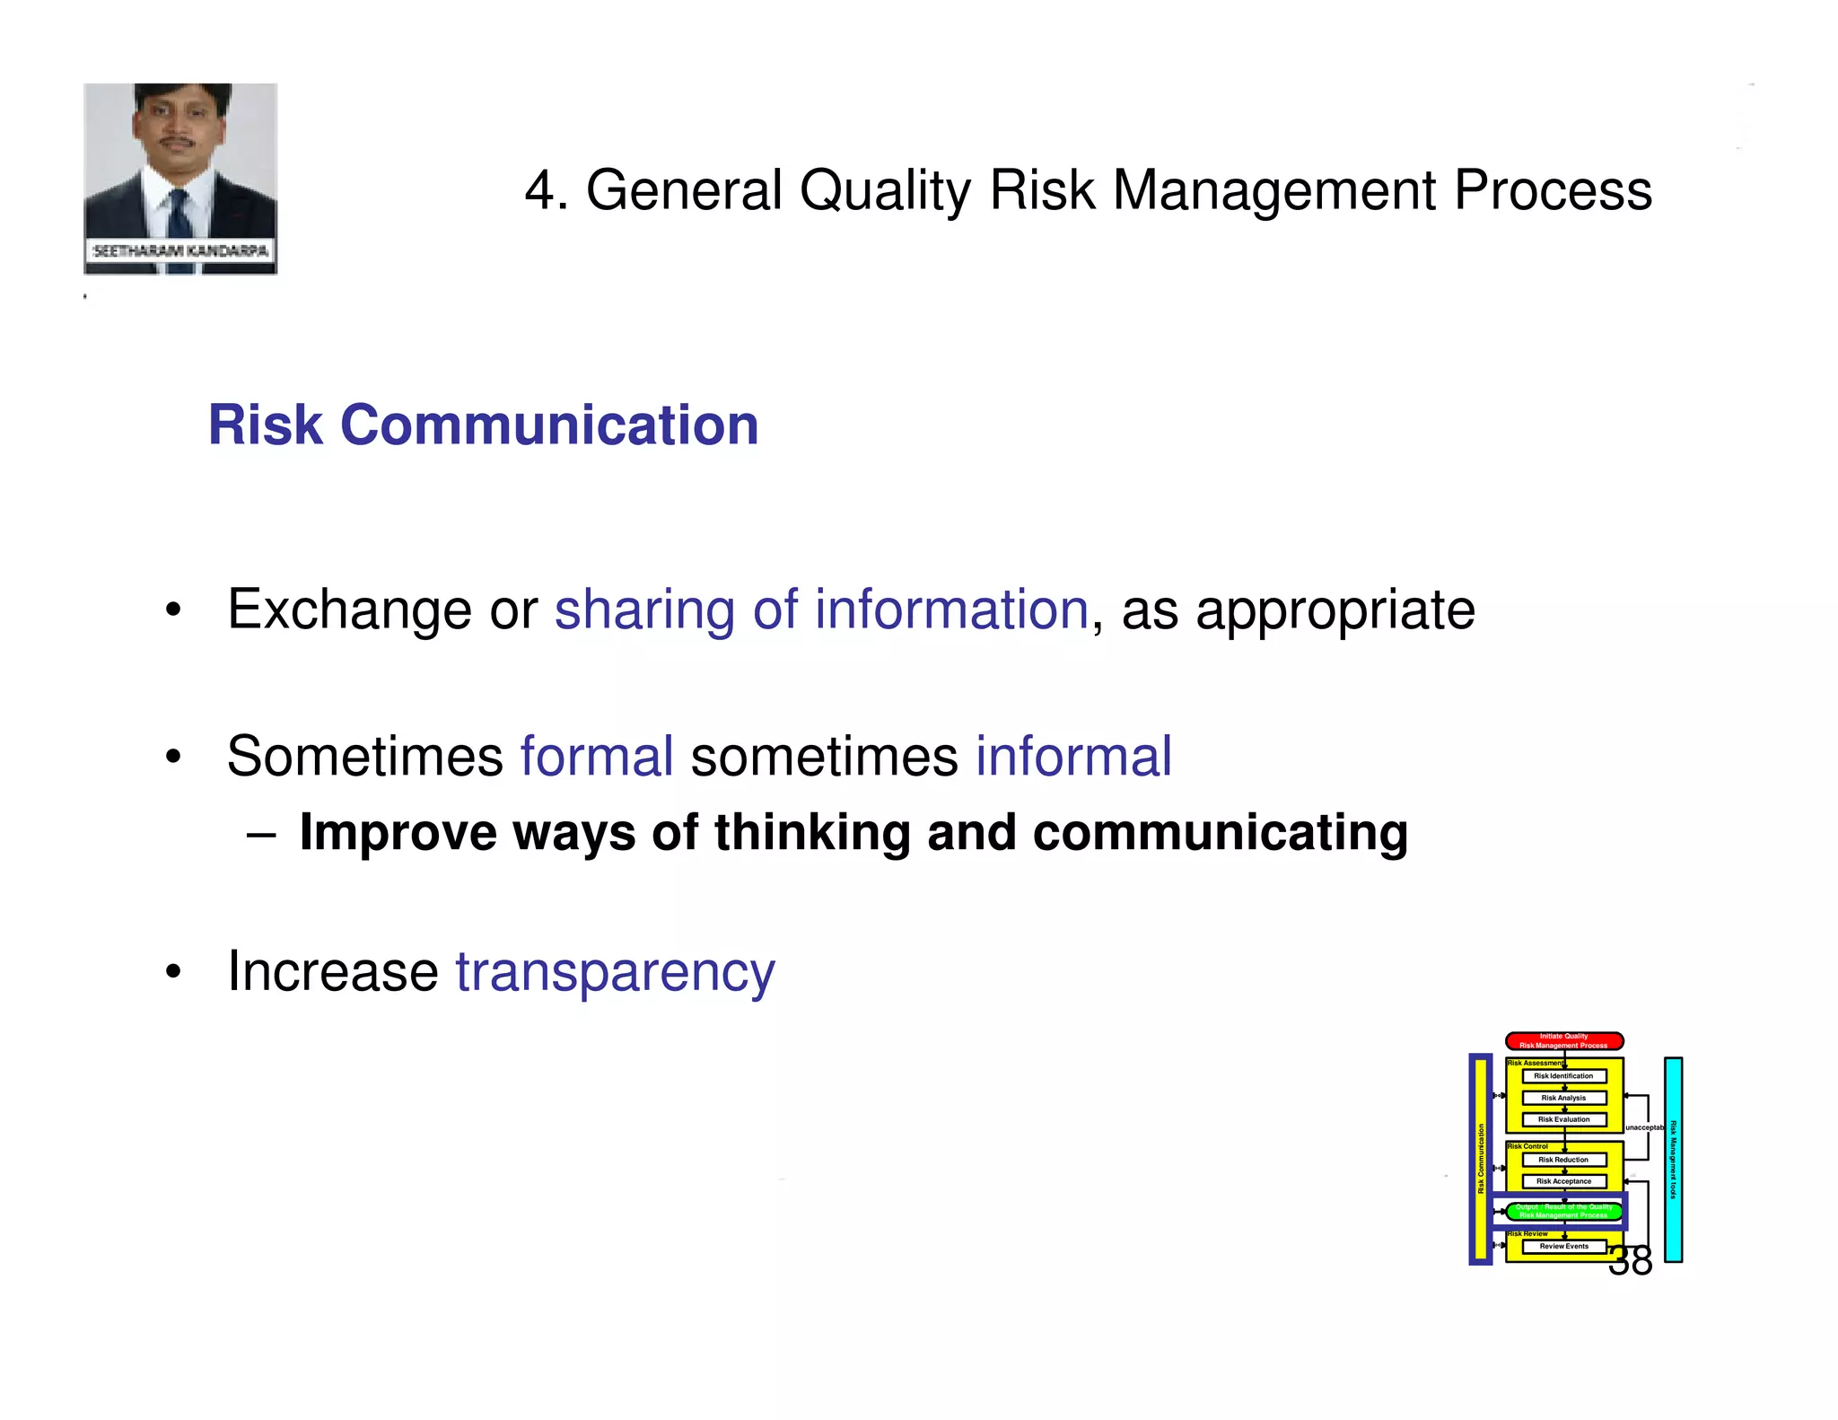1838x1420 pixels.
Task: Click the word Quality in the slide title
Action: click(x=885, y=191)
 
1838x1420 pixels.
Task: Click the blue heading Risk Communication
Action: click(x=483, y=425)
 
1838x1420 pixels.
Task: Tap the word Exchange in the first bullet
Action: click(x=349, y=609)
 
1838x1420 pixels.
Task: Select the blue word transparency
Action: click(x=615, y=972)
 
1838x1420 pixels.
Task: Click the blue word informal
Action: click(x=1073, y=756)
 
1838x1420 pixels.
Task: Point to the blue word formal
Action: click(x=597, y=756)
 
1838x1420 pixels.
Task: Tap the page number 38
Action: click(x=1630, y=1261)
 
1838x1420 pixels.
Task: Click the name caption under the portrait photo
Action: click(x=180, y=250)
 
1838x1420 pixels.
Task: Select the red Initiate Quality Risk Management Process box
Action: click(x=1563, y=1041)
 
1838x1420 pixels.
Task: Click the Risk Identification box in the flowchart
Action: click(x=1563, y=1075)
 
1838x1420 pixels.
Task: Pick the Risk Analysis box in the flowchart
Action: click(x=1563, y=1098)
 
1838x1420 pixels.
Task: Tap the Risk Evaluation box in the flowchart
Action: click(x=1563, y=1119)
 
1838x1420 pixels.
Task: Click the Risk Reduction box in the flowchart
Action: click(x=1563, y=1160)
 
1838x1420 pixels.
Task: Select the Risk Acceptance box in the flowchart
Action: click(x=1563, y=1181)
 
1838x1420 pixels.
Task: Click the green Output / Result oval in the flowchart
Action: click(x=1563, y=1211)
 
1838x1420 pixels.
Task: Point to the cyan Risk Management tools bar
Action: click(x=1673, y=1160)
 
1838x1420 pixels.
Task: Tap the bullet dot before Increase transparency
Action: click(x=173, y=972)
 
